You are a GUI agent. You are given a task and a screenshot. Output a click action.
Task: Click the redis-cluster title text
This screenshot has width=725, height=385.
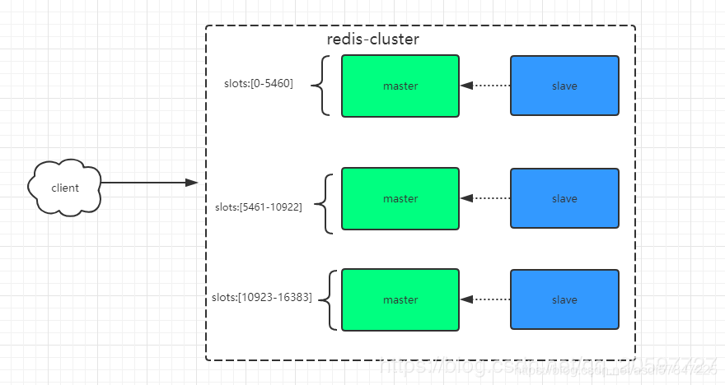tap(373, 39)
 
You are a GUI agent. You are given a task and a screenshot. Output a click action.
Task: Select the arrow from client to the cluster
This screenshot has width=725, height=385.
tap(148, 183)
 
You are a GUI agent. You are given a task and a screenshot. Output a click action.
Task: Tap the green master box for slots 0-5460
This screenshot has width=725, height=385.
tap(400, 86)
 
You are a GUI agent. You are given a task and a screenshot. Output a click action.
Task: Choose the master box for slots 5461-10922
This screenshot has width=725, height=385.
tap(400, 198)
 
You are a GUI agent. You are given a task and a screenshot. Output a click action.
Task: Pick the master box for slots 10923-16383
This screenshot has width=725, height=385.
tap(400, 300)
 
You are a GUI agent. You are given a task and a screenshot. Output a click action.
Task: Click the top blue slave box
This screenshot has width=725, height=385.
tap(564, 86)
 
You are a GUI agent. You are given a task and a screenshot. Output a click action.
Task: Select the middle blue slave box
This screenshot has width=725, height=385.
tap(564, 198)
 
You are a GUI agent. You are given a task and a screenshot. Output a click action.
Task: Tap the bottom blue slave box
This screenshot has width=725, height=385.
tap(564, 300)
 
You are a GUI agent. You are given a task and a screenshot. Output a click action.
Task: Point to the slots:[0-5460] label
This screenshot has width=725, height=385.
tap(259, 84)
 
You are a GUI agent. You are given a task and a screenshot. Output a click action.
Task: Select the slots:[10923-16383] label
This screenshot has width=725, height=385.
tap(261, 298)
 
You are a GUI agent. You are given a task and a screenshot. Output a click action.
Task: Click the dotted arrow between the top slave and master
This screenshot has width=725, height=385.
tap(485, 86)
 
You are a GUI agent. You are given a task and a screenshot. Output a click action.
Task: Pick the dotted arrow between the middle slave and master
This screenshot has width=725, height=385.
tap(485, 198)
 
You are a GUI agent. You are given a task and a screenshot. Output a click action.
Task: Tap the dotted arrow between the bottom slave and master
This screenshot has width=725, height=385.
tap(485, 300)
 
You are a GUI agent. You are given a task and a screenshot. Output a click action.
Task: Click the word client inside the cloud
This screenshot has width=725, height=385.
tap(66, 188)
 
